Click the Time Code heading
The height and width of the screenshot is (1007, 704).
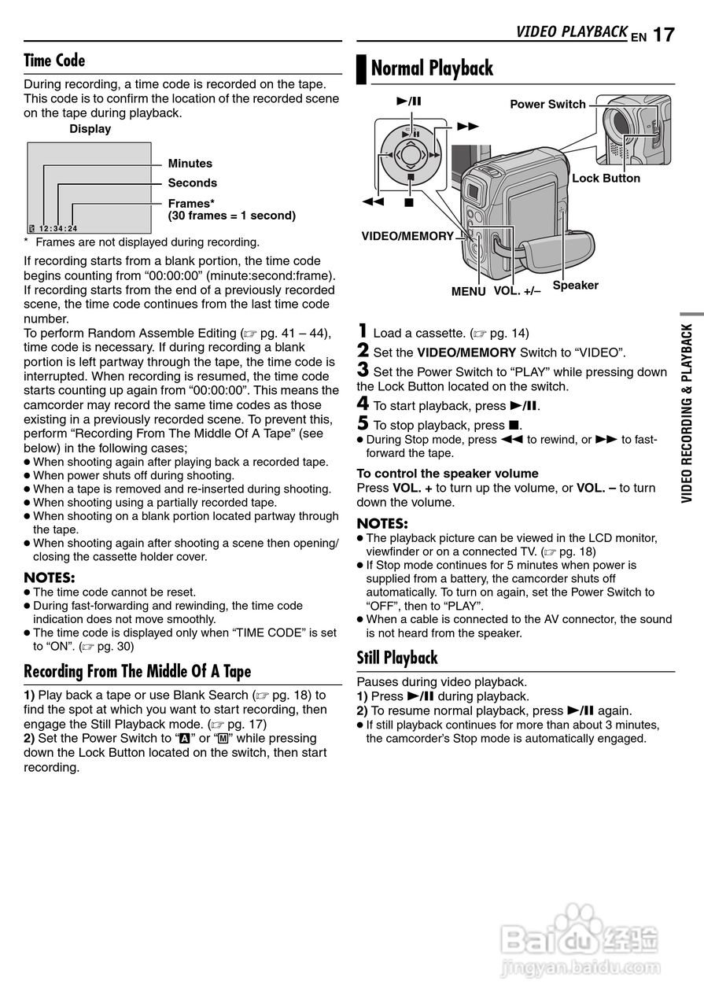54,61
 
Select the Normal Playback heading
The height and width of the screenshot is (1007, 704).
432,68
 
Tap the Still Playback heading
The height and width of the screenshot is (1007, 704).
397,658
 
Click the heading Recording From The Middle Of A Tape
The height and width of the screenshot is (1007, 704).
138,671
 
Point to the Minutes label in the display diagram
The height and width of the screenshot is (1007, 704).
190,164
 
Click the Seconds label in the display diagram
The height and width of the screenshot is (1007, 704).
193,183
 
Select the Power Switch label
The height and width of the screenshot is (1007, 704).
547,105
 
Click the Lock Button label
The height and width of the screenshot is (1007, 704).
606,179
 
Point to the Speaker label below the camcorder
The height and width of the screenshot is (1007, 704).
575,286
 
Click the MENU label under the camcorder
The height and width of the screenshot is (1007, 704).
468,291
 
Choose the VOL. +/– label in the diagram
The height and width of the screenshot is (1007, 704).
517,291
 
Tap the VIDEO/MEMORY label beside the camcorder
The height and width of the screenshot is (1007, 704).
407,236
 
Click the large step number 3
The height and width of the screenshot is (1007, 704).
363,369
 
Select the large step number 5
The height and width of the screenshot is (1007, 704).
363,424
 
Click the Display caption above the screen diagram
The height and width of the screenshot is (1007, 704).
90,129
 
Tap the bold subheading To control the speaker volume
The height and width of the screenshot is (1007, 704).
448,474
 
